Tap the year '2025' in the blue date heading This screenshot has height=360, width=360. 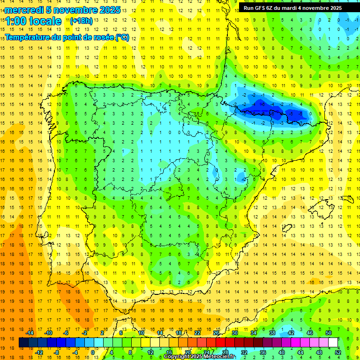pyautogui.click(x=110, y=9)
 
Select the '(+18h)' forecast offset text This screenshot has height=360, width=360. pyautogui.click(x=81, y=21)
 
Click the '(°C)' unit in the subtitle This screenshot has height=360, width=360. pyautogui.click(x=122, y=37)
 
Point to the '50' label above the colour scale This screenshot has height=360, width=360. pyautogui.click(x=329, y=333)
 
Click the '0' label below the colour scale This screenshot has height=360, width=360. pyautogui.click(x=93, y=352)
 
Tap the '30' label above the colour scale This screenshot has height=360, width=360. pyautogui.click(x=235, y=333)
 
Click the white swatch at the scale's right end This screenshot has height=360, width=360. pyautogui.click(x=333, y=343)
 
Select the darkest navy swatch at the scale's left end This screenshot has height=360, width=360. pyautogui.click(x=23, y=343)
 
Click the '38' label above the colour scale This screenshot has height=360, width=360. pyautogui.click(x=272, y=333)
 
